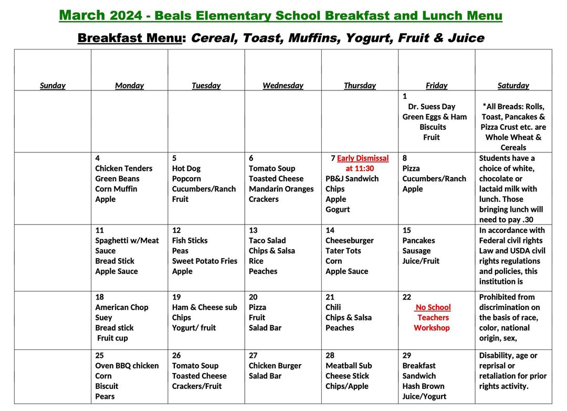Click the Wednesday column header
282,85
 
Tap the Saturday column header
513,85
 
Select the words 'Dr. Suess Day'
432,106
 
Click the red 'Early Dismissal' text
363,158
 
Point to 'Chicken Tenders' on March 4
123,168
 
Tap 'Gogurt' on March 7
337,209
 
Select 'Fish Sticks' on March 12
190,240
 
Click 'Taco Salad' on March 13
267,240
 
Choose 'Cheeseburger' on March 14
349,240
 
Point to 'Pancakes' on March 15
418,240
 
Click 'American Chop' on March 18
121,307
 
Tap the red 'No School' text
433,307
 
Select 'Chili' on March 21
333,307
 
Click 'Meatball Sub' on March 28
348,365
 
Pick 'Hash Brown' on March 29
423,386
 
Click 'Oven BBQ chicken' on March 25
127,365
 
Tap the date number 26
176,355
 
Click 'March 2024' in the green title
100,15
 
